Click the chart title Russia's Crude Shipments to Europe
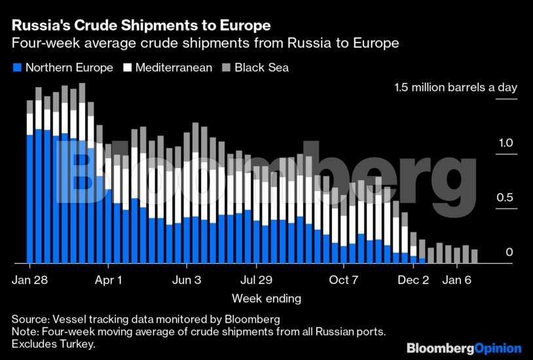(x=141, y=26)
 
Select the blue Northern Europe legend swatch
(x=17, y=67)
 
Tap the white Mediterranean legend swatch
(x=129, y=67)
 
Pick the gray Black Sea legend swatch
(x=227, y=67)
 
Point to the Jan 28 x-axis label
(x=30, y=279)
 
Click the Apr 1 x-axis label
(x=108, y=279)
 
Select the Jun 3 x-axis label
(x=187, y=279)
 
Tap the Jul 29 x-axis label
(x=256, y=279)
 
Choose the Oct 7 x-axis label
(x=344, y=279)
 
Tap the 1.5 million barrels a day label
(x=456, y=88)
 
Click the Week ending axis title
(x=266, y=298)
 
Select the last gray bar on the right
(x=474, y=256)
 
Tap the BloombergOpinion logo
(x=464, y=348)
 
